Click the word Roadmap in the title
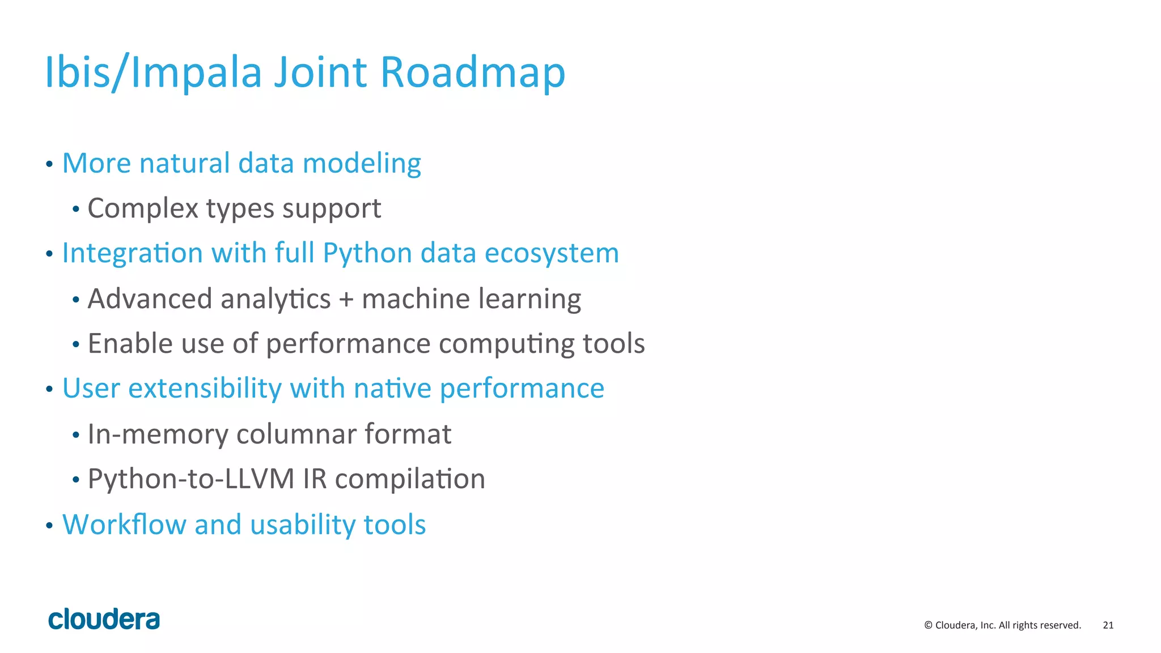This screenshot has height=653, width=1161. point(472,72)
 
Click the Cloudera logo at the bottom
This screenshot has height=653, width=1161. point(104,620)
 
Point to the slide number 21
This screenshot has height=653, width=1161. point(1108,625)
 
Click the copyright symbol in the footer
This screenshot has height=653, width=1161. point(928,625)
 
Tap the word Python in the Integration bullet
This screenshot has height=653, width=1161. point(367,253)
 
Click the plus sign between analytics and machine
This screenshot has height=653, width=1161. point(346,299)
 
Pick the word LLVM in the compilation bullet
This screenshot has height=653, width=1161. point(260,479)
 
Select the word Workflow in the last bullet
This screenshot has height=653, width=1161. point(124,524)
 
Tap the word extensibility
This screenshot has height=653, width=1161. point(205,389)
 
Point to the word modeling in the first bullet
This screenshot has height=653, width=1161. point(362,164)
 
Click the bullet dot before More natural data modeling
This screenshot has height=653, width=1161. point(49,164)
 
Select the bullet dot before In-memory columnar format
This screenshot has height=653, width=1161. point(76,436)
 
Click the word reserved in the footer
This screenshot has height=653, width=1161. point(1062,625)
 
